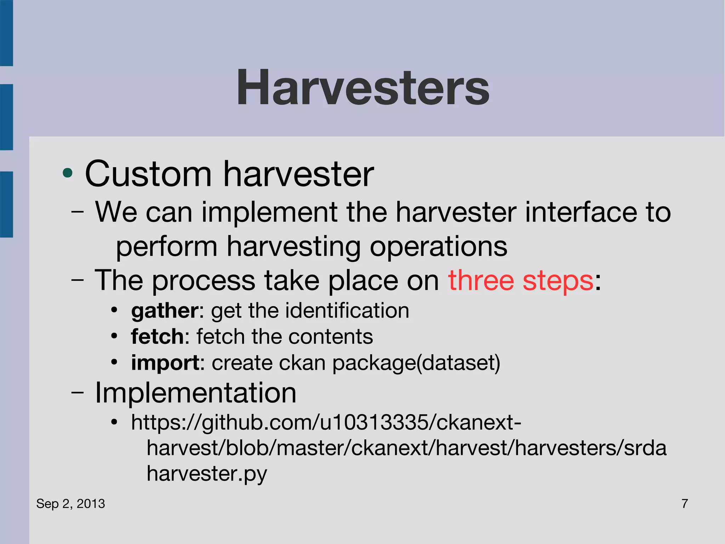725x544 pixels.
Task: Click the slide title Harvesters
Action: pos(362,88)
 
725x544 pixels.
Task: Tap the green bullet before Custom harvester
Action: pos(67,173)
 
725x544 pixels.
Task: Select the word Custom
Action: pos(148,174)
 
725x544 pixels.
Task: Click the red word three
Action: pos(481,280)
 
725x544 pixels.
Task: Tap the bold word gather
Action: pos(165,311)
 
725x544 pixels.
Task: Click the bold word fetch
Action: pos(158,336)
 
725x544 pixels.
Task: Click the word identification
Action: pos(347,310)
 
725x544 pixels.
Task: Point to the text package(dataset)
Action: pos(416,363)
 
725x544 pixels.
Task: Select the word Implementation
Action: pos(195,393)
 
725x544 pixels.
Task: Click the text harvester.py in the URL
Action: pos(207,474)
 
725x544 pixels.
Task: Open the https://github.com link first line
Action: pos(326,422)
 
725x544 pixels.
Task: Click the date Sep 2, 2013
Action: pos(70,504)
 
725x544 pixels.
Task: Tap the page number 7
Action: pos(685,504)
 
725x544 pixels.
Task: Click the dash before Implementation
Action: pos(78,393)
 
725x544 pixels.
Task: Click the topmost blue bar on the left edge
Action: pos(6,33)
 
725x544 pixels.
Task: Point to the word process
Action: pos(204,280)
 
